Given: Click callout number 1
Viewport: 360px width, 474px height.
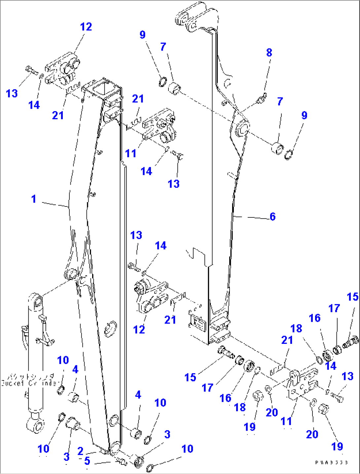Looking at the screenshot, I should click(x=34, y=199).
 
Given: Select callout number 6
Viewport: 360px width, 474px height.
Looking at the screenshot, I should click(x=272, y=217).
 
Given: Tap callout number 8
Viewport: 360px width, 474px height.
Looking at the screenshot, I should click(x=269, y=53).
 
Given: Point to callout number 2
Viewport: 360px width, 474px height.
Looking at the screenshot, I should click(x=80, y=451).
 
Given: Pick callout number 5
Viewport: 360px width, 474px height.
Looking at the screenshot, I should click(x=87, y=461).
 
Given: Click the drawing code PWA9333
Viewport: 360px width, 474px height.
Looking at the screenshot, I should click(x=331, y=462).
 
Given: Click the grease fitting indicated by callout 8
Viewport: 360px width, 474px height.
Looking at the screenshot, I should click(x=263, y=98).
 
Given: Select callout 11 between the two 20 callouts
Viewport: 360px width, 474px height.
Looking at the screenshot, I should click(x=286, y=421).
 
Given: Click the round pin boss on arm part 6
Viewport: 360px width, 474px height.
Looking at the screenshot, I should click(x=242, y=128).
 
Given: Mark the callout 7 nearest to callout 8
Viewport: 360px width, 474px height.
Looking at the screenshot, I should click(x=280, y=101).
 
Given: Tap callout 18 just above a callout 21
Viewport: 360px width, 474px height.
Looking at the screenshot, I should click(x=296, y=328).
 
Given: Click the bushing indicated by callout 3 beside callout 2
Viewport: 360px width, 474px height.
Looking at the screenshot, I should click(x=73, y=423).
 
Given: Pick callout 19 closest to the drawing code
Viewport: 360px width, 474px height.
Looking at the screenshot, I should click(x=337, y=447).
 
